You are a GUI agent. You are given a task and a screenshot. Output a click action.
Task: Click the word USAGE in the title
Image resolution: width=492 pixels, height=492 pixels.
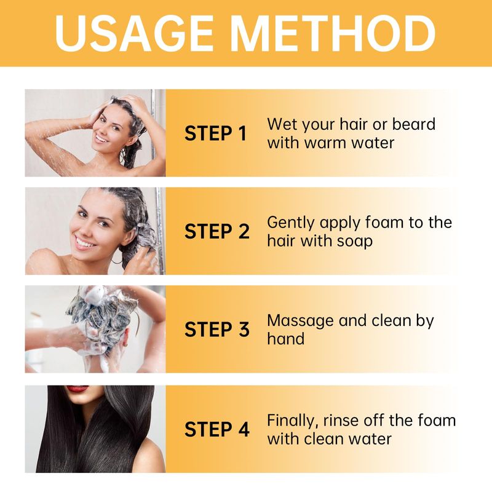(x=134, y=33)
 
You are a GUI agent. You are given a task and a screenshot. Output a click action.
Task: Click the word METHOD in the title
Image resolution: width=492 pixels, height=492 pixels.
(x=333, y=33)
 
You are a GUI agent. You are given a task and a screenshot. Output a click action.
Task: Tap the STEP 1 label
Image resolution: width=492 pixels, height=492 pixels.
(x=216, y=133)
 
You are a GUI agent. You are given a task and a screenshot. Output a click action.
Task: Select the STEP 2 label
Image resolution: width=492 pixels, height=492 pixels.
(x=217, y=232)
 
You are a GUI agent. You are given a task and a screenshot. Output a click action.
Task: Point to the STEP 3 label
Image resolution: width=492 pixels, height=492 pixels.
(x=217, y=330)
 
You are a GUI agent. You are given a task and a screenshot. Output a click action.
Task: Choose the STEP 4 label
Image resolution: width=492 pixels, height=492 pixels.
(x=217, y=429)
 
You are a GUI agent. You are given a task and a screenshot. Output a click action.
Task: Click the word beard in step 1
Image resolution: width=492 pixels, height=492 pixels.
(x=414, y=124)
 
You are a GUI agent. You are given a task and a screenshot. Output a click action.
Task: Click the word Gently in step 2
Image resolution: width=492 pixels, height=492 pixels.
(x=290, y=223)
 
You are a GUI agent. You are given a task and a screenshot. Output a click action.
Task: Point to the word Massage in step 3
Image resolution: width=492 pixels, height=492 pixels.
(x=300, y=321)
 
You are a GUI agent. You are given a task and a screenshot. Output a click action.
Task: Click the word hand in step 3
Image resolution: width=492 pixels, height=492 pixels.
(x=286, y=339)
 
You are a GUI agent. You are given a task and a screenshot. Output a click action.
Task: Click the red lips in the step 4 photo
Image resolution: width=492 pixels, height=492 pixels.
(x=77, y=389)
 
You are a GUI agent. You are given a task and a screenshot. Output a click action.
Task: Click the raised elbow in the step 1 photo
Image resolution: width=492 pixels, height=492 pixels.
(x=31, y=129)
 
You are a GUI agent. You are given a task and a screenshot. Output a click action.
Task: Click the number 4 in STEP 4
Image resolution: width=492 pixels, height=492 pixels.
(x=244, y=429)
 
